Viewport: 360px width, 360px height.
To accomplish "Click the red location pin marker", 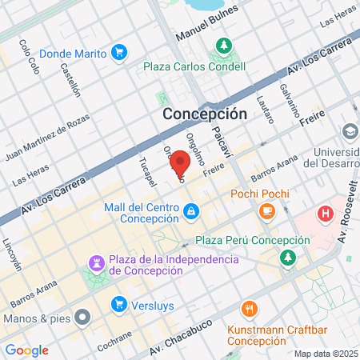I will [179, 163].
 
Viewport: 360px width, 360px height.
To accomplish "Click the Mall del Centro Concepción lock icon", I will [190, 212].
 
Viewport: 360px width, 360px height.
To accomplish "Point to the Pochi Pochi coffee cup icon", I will [266, 210].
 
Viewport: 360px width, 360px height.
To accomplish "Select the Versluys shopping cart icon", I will [119, 303].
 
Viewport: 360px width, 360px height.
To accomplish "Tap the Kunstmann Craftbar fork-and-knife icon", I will [250, 308].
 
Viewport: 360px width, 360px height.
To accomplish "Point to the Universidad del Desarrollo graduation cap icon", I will [350, 130].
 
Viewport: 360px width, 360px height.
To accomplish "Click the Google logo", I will [26, 350].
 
